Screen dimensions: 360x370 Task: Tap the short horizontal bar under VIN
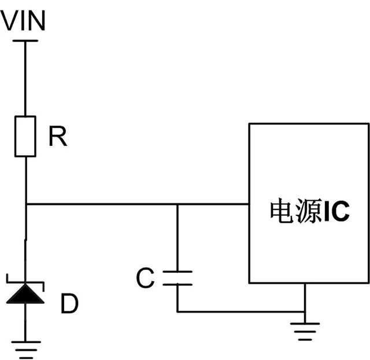tap(25, 41)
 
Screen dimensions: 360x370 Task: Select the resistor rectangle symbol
tap(25, 136)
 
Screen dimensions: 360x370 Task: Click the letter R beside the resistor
tap(57, 137)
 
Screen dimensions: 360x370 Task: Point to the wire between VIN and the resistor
tap(25, 78)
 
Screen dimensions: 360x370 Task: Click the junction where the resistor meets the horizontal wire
tap(25, 204)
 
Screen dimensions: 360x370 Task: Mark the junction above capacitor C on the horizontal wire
tap(177, 204)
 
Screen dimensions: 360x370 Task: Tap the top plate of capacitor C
tap(177, 271)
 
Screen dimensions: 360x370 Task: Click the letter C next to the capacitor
tap(145, 278)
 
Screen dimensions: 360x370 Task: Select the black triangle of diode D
tap(25, 294)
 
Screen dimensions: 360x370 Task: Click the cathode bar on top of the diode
tap(25, 282)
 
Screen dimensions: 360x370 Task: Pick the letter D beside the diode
tap(69, 304)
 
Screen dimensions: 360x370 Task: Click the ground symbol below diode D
tap(25, 347)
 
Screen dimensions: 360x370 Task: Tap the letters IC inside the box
tap(336, 212)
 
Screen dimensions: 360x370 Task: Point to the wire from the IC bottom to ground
tap(304, 298)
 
